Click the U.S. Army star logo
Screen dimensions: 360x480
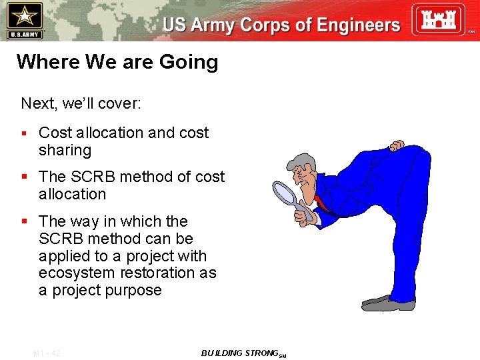click(23, 19)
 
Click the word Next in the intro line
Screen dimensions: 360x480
click(37, 103)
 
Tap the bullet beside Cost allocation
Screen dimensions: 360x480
click(24, 133)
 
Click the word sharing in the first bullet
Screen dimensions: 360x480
click(65, 151)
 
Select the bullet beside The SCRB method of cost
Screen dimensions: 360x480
click(24, 177)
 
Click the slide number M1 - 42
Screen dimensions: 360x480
click(47, 353)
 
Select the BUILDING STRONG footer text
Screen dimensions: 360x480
click(240, 353)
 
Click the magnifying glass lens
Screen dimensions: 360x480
click(285, 193)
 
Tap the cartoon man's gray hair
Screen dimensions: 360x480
click(303, 163)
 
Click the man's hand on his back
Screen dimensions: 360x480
click(397, 145)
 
